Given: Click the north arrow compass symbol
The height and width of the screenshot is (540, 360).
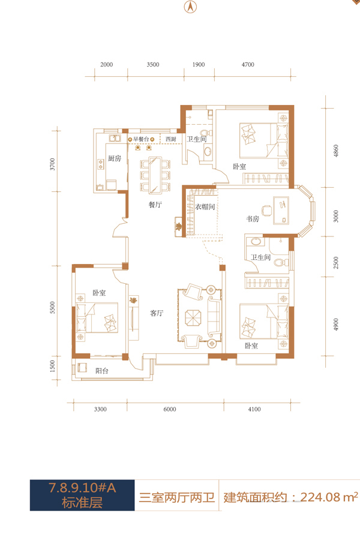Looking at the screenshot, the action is pos(190,7).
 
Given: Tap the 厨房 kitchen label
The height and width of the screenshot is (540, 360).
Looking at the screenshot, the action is pos(115,158).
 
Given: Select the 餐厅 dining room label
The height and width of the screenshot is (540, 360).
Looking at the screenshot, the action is pos(155,205).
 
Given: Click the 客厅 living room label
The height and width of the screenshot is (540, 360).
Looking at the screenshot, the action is pos(157,313).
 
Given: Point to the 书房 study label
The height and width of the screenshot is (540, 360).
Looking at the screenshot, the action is pos(253,218).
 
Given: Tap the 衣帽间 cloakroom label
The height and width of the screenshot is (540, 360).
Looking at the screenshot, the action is pos(205,206).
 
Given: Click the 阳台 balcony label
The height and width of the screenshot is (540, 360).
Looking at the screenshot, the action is pos(102,371).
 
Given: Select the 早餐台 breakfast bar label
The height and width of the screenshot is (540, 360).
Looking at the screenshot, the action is pos(141,139).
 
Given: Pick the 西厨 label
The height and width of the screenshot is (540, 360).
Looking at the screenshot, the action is pos(171,139).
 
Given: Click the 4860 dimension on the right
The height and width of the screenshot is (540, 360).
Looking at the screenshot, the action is pos(336,151).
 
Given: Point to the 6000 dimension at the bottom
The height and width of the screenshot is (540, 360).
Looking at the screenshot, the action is pos(169,409).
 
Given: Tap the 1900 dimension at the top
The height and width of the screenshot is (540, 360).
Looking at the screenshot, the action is pos(199,64).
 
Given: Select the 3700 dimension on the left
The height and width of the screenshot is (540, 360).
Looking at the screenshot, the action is pos(52,164).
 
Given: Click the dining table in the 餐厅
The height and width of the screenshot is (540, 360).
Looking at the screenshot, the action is pos(155,175).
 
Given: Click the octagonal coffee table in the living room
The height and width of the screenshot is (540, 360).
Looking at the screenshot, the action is pos(193,317).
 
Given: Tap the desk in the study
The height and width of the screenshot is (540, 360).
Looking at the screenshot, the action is pos(281,211).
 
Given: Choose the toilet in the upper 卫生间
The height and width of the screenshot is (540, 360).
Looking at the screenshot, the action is pos(206,133).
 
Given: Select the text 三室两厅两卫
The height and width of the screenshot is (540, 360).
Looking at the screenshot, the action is pos(177,497).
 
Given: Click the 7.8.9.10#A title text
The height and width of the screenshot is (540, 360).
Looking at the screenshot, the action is pos(82,488).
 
